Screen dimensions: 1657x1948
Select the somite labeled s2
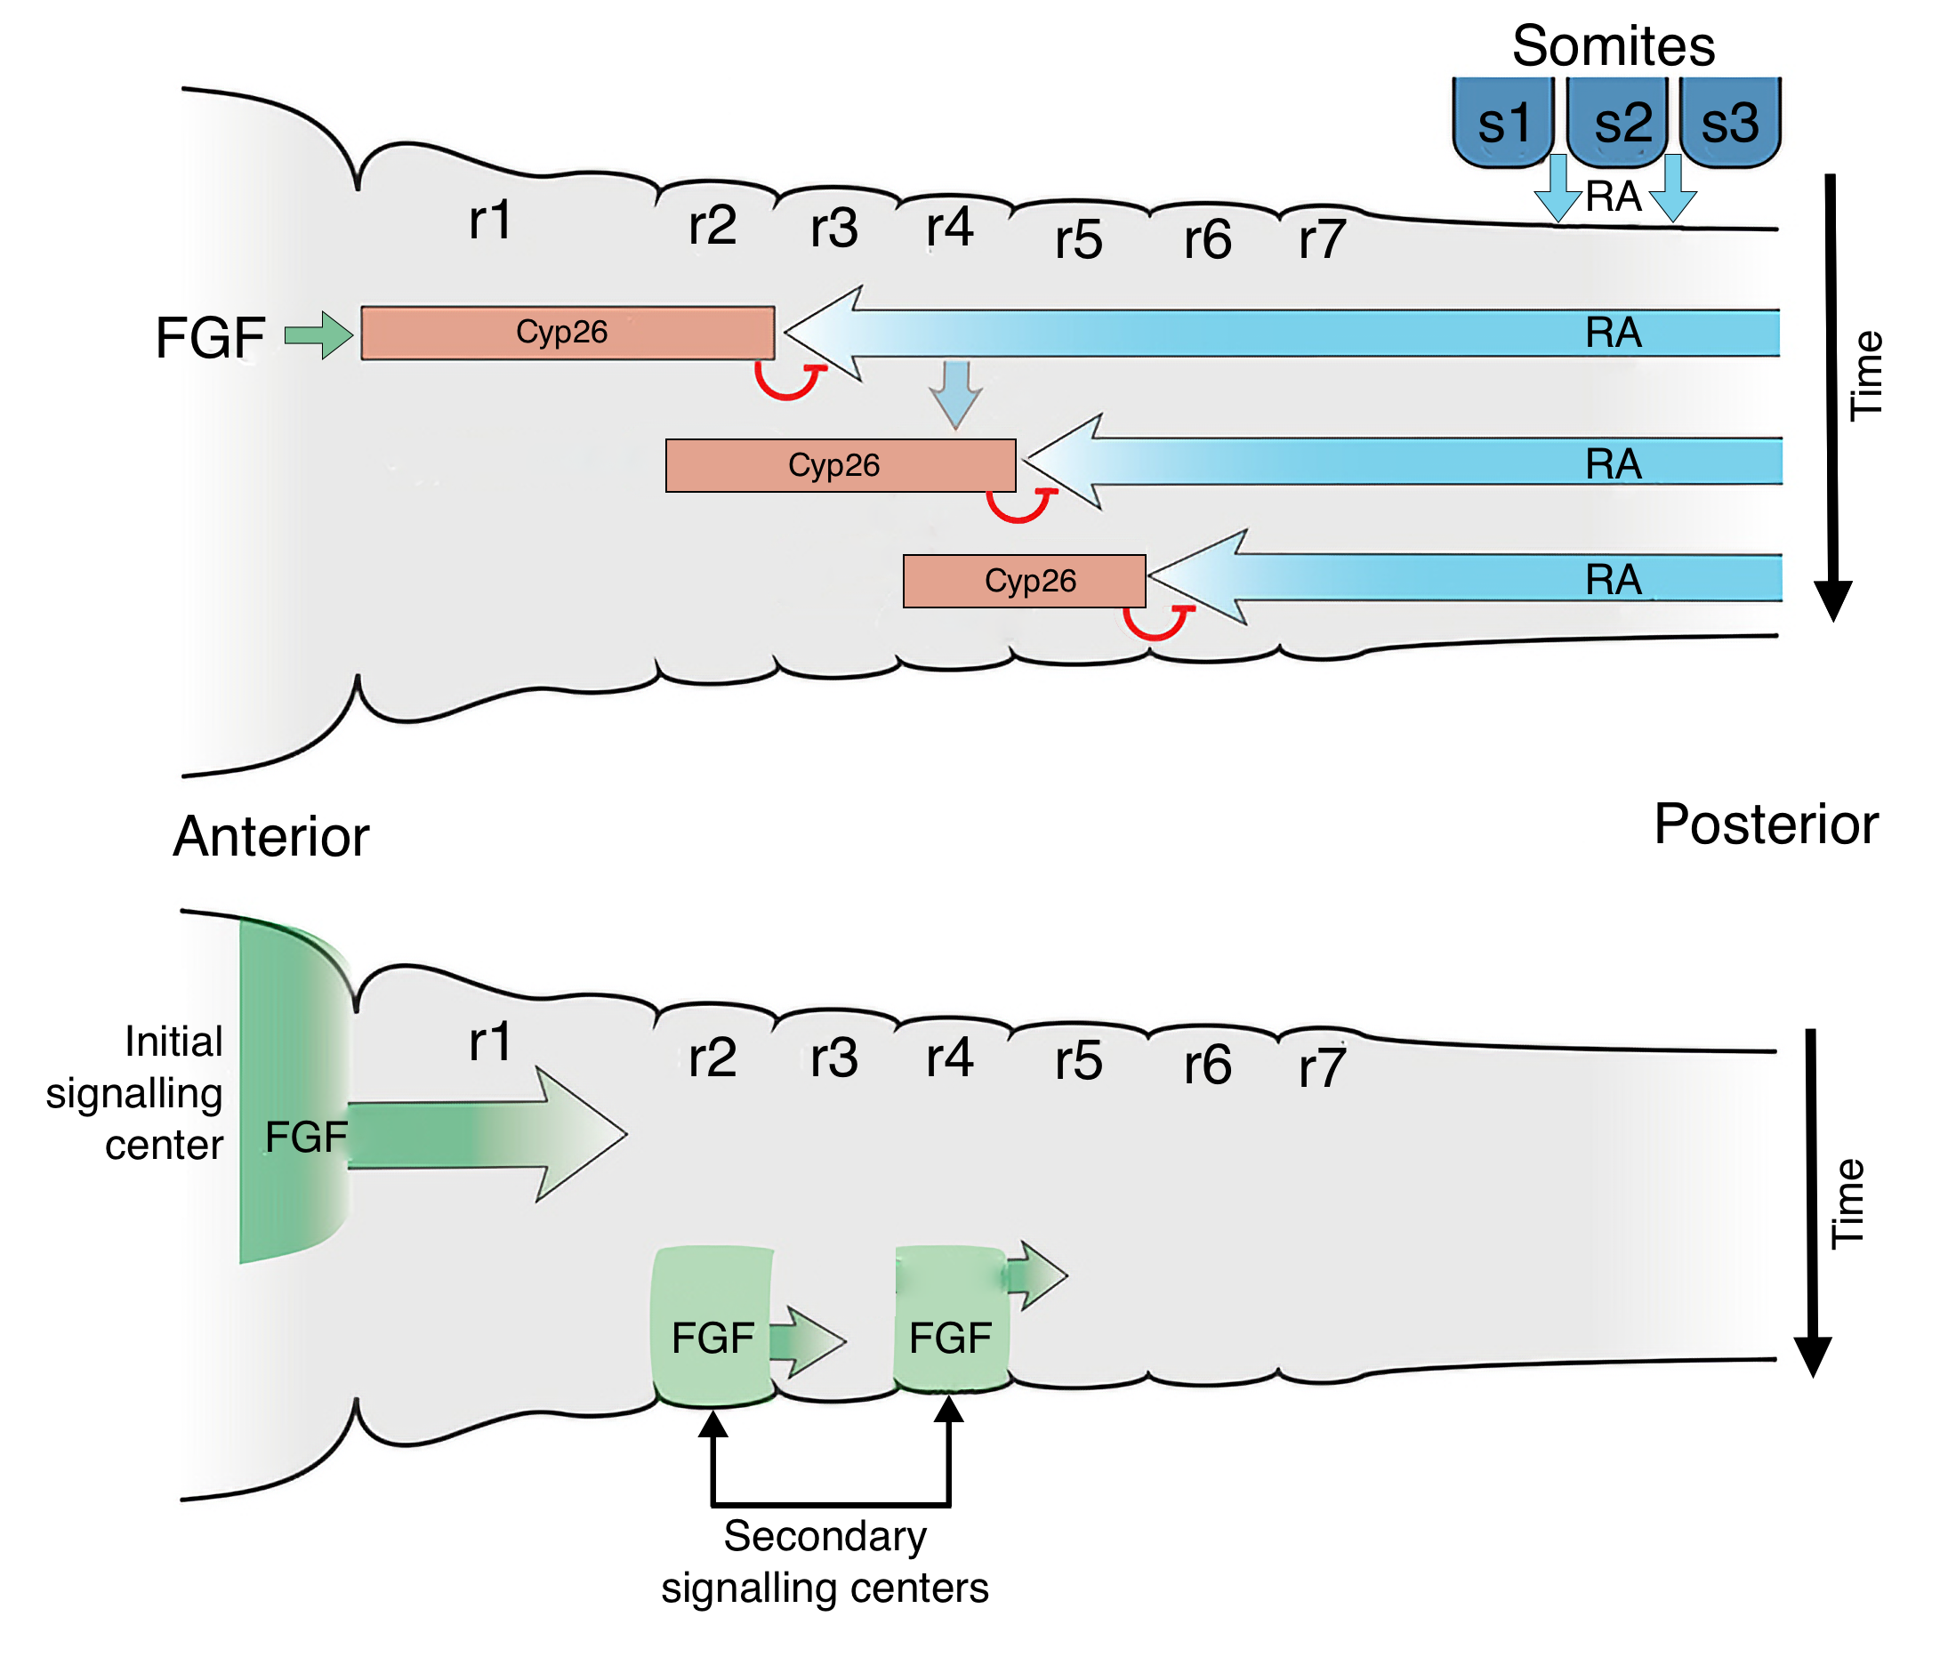(1620, 122)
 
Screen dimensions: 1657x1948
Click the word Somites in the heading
(1612, 45)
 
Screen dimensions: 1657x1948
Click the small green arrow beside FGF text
(318, 334)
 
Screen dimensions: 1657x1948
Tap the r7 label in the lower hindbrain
(1321, 1068)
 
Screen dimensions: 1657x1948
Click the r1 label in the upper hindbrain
(489, 220)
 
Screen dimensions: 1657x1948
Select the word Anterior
(270, 836)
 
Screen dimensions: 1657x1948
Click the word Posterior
(1764, 824)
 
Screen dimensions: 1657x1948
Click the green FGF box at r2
(711, 1325)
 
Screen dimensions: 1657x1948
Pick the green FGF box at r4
(950, 1320)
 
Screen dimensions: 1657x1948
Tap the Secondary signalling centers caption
(824, 1561)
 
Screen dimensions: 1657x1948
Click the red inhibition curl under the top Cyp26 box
(787, 383)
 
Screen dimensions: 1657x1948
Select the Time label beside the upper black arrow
(1864, 375)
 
